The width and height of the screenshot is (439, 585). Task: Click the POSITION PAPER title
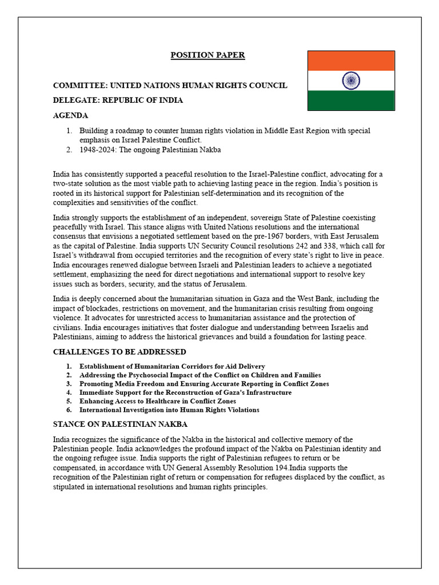point(208,55)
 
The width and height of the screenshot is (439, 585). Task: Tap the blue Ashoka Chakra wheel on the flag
point(351,81)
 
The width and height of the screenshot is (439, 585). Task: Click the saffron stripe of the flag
point(351,61)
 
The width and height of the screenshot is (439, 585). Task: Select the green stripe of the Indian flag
point(351,101)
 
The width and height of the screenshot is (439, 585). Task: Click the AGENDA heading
point(70,115)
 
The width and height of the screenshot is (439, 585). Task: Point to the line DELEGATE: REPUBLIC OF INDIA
point(118,100)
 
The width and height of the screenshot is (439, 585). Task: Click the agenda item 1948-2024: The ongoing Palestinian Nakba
point(150,150)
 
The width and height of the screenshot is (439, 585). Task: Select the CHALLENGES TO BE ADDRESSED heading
point(119,352)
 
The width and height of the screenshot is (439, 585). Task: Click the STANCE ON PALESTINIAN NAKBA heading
point(120,424)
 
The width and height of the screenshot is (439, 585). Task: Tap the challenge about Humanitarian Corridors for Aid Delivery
point(172,366)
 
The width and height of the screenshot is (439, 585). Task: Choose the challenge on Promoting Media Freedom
point(204,384)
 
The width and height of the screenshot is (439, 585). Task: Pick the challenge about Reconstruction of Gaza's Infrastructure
point(185,392)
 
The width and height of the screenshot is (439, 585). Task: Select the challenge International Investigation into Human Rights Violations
point(169,410)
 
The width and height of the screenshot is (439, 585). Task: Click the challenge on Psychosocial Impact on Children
point(200,375)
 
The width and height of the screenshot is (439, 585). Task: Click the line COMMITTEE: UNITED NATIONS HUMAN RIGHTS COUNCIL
point(170,86)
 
